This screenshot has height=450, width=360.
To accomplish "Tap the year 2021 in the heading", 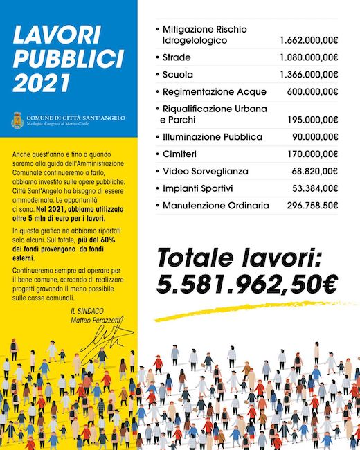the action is click(42, 82).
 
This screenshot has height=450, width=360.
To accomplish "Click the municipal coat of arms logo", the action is click(17, 120).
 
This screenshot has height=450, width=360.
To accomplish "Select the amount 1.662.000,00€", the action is click(309, 41).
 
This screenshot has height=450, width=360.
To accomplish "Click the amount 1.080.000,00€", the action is click(309, 57).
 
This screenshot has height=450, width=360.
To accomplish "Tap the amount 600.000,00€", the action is click(312, 91).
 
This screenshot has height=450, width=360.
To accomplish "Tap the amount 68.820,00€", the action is click(314, 171).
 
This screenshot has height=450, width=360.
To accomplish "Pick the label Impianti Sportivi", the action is click(197, 188).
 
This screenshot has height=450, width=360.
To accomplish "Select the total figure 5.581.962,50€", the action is click(247, 282).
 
